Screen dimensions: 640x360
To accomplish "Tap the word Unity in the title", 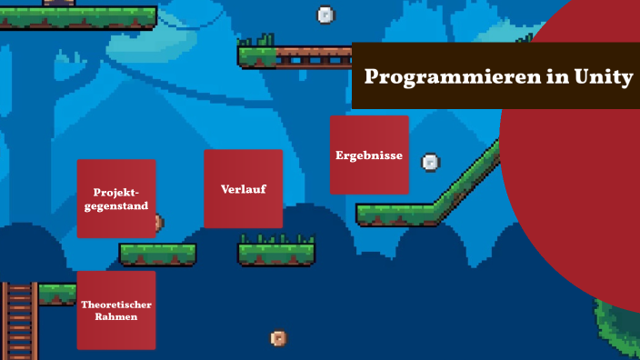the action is pos(603,77).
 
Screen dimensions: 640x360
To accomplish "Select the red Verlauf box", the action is pos(243,188).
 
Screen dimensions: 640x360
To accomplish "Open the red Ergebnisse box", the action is pos(369,155).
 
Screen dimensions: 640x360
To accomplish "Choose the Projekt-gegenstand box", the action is pos(115,198).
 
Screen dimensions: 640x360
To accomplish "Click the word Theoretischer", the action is pos(115,304).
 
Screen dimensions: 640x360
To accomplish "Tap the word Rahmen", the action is pos(115,317).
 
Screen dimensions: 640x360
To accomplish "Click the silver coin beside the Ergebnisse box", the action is pos(431,163).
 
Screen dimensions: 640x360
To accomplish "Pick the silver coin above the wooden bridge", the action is pos(325,15).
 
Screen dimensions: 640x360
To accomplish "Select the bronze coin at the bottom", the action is pos(279,339).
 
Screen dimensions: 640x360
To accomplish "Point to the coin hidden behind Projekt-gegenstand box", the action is pos(159,222).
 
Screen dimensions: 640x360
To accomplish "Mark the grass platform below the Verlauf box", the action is pos(276,252).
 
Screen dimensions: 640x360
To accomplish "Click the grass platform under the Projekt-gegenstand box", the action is pos(157,254).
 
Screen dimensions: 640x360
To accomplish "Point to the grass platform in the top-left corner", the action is pos(82,15).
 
